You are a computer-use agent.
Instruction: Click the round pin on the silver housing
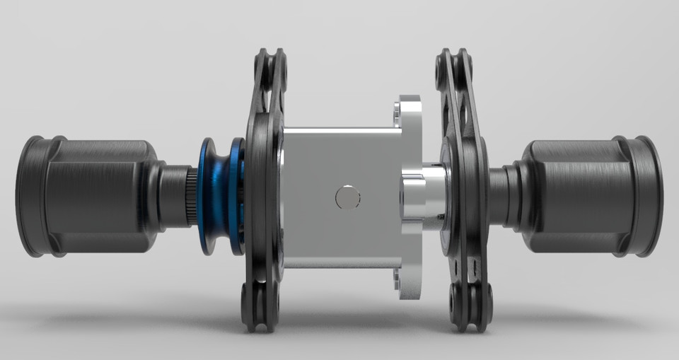pyautogui.click(x=347, y=197)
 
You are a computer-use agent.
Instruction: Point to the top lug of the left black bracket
pyautogui.click(x=270, y=67)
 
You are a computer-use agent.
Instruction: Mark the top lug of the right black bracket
pyautogui.click(x=455, y=67)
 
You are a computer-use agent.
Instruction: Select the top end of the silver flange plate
pyautogui.click(x=409, y=110)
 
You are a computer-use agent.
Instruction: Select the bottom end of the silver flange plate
pyautogui.click(x=409, y=283)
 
